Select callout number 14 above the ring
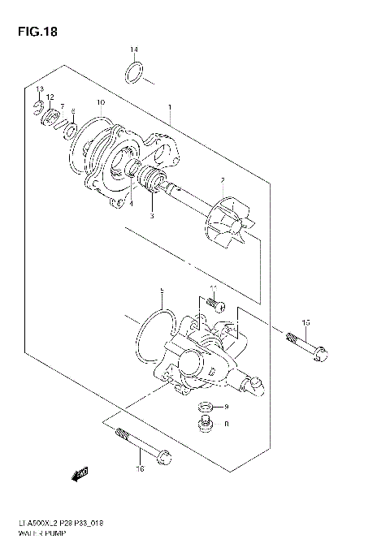pyautogui.click(x=135, y=50)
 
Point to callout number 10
pyautogui.click(x=100, y=103)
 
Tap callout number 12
pyautogui.click(x=50, y=97)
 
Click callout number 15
pyautogui.click(x=306, y=323)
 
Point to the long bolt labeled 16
pyautogui.click(x=143, y=444)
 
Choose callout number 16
pyautogui.click(x=139, y=468)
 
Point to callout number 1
pyautogui.click(x=169, y=106)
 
